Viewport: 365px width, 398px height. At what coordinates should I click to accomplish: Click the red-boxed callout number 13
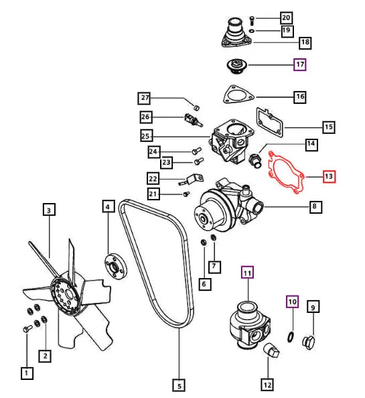tap(328, 177)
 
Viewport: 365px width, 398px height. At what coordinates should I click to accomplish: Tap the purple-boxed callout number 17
tap(300, 65)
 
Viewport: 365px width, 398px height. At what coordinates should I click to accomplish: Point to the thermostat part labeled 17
tap(236, 66)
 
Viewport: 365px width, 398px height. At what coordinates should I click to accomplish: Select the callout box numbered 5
tap(178, 385)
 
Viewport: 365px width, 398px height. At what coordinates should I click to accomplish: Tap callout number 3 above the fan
tap(49, 210)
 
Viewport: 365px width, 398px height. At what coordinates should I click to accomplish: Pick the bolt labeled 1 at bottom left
tap(27, 329)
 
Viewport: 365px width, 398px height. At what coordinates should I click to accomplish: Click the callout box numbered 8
tap(313, 207)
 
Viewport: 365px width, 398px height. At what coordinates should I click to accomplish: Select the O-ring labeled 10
tap(289, 334)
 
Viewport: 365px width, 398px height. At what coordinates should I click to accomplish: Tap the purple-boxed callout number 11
tap(248, 272)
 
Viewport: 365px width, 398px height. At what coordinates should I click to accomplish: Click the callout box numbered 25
tap(146, 136)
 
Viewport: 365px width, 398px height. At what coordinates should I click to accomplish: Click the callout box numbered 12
tap(267, 385)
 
